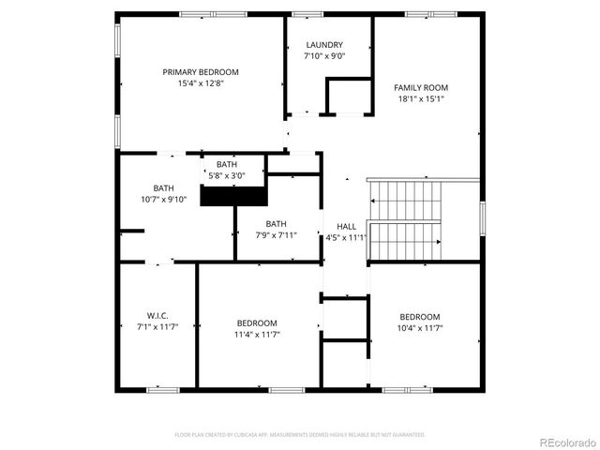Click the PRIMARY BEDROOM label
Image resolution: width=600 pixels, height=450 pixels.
point(201,72)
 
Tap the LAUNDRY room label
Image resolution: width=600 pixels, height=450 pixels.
point(324,45)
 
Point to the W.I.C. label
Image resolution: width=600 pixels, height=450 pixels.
point(157,315)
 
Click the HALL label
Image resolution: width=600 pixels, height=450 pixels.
point(346,227)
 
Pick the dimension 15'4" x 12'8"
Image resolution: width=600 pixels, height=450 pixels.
point(201,83)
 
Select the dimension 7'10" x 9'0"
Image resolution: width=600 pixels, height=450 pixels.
point(324,56)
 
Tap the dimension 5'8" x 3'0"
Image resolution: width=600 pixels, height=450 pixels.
point(226,175)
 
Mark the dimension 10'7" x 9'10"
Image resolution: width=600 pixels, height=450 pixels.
point(164,199)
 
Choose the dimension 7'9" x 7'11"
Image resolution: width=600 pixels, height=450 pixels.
point(276,235)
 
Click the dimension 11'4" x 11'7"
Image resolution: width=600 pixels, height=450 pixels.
point(257,334)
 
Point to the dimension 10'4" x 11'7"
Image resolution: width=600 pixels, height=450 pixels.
point(419,328)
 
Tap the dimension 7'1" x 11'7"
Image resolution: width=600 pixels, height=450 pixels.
point(157,326)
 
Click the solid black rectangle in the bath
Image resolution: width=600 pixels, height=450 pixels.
point(234,197)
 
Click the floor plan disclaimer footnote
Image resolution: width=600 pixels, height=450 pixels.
point(300,435)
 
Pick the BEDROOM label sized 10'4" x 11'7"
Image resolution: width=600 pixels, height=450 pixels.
point(419,317)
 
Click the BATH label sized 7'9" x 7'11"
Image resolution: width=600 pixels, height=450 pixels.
point(276,223)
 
